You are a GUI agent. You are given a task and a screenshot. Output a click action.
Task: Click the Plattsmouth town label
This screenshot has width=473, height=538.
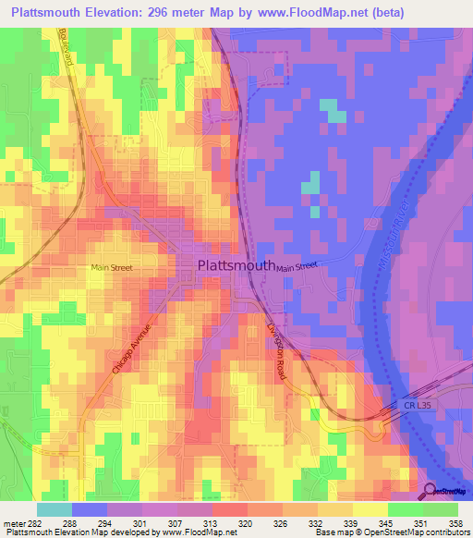tap(236, 265)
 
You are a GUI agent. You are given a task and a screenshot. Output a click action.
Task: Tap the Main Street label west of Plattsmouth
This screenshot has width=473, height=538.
tap(111, 269)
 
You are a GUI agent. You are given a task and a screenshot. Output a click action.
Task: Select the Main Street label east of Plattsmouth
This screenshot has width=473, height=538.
tap(297, 266)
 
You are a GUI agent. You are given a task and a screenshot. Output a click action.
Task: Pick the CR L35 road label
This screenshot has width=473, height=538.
tap(418, 405)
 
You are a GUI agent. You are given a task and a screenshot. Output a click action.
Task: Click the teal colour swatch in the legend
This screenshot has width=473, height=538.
tap(54, 509)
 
